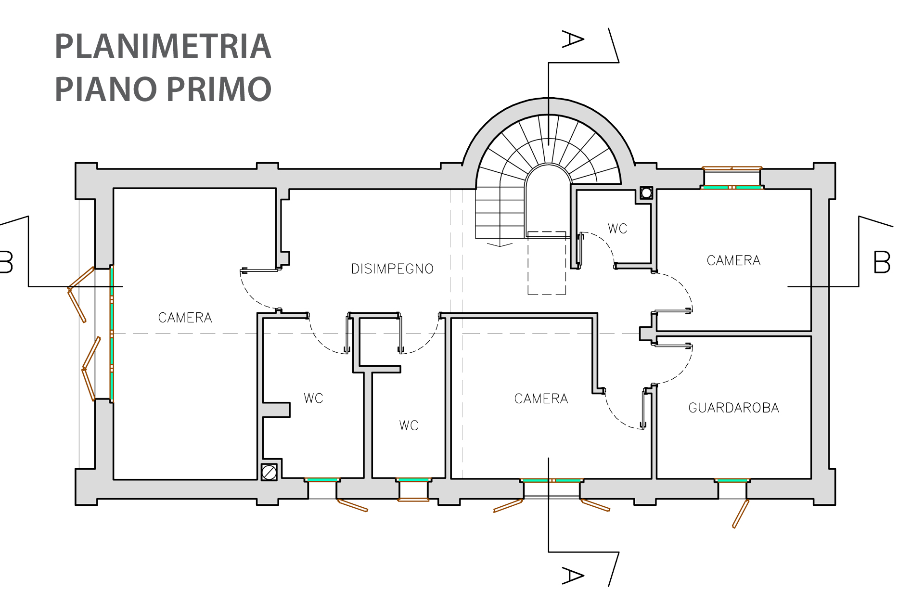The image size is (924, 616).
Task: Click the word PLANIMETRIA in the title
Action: click(163, 46)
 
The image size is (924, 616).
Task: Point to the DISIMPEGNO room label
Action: click(392, 269)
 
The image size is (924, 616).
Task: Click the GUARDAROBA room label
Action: click(733, 408)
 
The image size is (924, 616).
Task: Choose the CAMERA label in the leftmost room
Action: click(185, 318)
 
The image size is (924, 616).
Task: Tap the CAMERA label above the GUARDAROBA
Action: click(733, 260)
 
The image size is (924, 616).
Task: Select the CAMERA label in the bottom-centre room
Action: click(541, 398)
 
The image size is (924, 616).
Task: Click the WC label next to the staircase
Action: click(617, 229)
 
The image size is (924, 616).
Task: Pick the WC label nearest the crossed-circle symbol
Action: click(313, 398)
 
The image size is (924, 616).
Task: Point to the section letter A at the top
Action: click(573, 39)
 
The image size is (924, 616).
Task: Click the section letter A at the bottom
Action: click(573, 576)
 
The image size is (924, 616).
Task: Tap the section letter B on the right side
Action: click(882, 262)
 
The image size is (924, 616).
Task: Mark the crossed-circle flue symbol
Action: click(269, 472)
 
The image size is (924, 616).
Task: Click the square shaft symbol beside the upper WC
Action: click(646, 193)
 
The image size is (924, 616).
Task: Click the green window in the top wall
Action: click(731, 187)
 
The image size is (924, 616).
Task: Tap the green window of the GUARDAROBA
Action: click(731, 480)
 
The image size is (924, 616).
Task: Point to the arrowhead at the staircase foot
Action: click(500, 245)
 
